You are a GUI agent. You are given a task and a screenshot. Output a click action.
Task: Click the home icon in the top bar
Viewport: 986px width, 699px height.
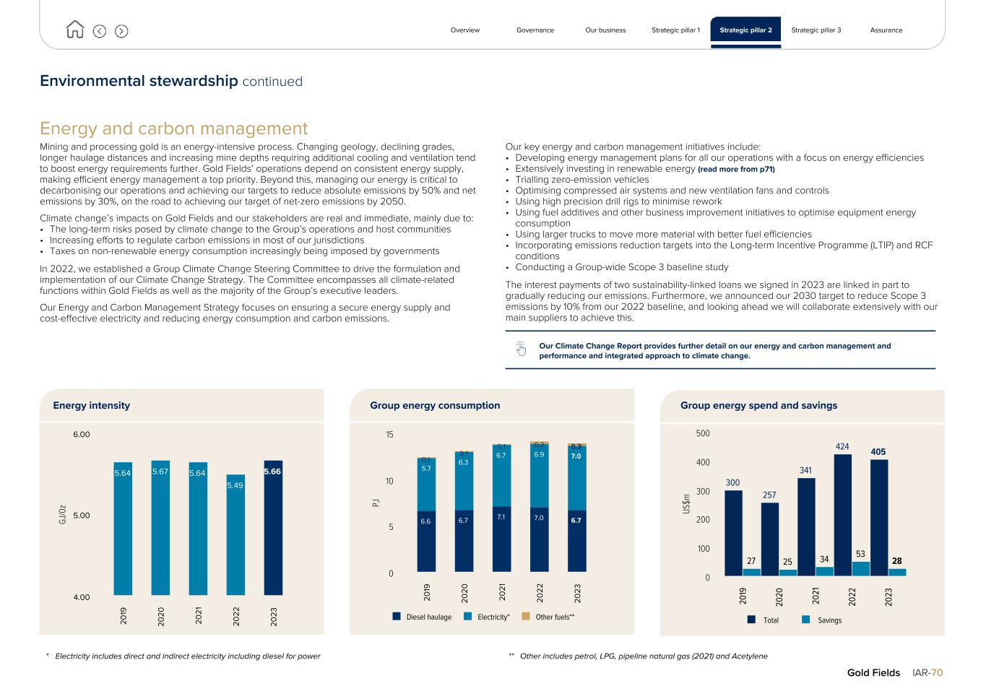click(x=74, y=30)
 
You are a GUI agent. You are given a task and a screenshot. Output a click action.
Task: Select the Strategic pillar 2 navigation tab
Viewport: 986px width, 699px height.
click(x=745, y=30)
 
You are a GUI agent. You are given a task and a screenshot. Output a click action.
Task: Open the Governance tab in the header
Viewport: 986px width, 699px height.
click(x=535, y=30)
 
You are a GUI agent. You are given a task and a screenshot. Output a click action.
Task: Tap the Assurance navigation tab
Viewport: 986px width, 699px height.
click(x=886, y=30)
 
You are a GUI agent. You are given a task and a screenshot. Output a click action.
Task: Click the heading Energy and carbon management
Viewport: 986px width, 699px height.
click(x=173, y=129)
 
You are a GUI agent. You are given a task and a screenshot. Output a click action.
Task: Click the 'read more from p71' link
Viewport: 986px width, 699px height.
click(x=736, y=169)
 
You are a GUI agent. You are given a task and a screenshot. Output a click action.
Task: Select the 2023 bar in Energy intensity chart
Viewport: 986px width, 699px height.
click(x=273, y=528)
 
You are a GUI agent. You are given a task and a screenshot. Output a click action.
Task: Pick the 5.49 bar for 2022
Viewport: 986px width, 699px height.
click(x=235, y=534)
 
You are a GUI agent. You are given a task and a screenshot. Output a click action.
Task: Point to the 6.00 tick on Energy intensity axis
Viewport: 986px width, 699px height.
click(x=81, y=435)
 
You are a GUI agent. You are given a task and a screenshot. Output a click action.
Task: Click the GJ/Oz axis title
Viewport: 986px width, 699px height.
click(x=63, y=514)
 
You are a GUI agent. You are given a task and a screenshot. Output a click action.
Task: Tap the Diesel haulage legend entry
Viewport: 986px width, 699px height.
click(x=422, y=617)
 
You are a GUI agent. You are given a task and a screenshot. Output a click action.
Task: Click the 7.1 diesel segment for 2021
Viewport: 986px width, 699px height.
click(x=501, y=539)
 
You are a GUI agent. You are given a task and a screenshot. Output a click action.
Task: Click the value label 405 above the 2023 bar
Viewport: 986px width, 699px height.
click(x=878, y=452)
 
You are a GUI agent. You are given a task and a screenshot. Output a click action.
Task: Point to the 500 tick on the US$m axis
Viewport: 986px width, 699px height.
click(x=703, y=434)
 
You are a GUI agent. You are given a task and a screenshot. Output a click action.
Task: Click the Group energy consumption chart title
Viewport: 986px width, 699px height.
click(x=435, y=406)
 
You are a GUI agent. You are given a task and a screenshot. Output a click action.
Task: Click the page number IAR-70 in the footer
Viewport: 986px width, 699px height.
click(x=927, y=673)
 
